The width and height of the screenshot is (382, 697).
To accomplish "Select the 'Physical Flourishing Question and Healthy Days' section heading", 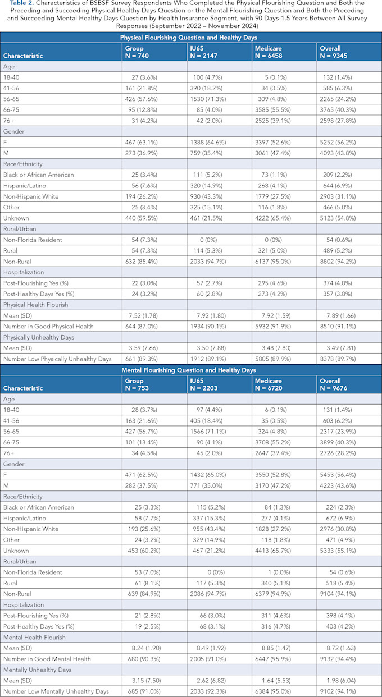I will click(190, 38).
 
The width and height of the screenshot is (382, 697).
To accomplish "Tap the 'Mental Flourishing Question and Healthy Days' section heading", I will click(190, 370).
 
